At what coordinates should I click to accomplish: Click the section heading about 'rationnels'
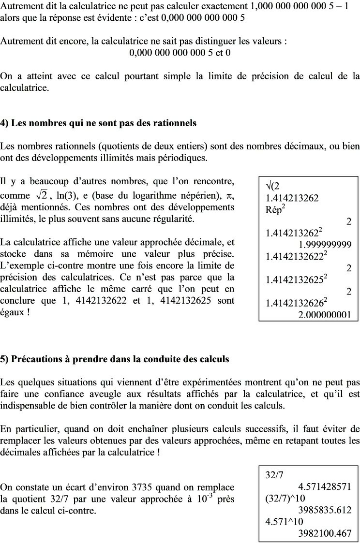click(98, 123)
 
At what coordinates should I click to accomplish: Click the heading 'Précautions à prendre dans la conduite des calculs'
click(115, 359)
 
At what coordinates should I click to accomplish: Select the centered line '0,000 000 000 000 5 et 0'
click(180, 52)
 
